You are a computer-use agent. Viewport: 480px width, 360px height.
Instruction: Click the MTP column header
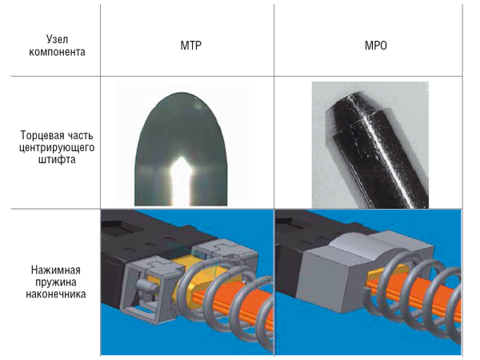[190, 46]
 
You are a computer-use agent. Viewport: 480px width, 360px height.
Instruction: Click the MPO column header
[376, 46]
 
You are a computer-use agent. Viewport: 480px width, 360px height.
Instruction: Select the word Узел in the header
[57, 39]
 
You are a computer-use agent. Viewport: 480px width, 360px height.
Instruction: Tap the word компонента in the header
[57, 52]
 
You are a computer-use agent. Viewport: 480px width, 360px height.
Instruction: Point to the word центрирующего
[57, 147]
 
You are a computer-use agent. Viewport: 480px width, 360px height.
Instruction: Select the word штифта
[57, 159]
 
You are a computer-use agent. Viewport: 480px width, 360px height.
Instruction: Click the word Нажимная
[56, 270]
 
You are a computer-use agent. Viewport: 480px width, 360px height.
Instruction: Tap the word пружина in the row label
[56, 282]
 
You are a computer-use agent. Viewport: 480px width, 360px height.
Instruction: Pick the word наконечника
[56, 294]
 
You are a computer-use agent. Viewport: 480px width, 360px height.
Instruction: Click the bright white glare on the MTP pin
[182, 181]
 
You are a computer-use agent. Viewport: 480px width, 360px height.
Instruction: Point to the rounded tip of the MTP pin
[182, 93]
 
